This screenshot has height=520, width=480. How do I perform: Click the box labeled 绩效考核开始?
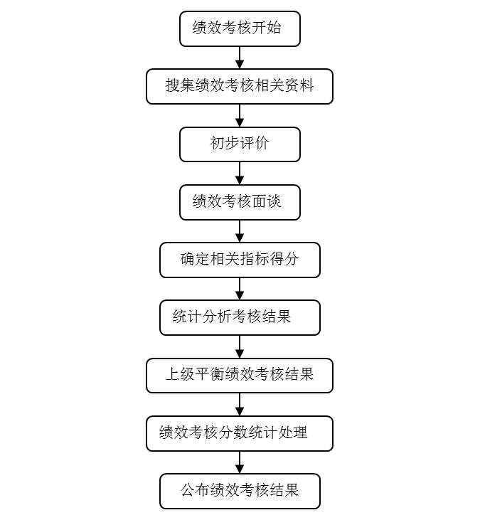[x=240, y=29]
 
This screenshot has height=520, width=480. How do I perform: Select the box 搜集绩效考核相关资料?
[x=240, y=87]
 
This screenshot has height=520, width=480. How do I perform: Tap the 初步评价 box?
[x=240, y=144]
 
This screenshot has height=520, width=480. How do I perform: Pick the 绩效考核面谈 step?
[x=240, y=202]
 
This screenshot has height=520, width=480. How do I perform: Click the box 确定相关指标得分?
[x=240, y=260]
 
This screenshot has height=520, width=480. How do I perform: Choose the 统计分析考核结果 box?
[x=240, y=318]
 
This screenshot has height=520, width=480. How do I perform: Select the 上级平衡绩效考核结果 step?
[x=240, y=376]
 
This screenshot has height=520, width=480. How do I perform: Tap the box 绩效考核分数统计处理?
[x=240, y=433]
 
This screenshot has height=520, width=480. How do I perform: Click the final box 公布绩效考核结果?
[x=240, y=491]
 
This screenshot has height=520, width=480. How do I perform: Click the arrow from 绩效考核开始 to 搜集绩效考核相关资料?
[x=240, y=58]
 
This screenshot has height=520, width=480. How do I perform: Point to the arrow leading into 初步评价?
[x=240, y=115]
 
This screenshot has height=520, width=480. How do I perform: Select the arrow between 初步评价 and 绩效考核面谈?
[x=240, y=174]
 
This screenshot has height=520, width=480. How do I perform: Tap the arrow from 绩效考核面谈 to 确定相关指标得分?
[x=240, y=231]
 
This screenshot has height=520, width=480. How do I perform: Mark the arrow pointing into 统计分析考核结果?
[x=240, y=289]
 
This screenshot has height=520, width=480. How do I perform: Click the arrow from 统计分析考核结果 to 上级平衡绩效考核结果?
[x=240, y=346]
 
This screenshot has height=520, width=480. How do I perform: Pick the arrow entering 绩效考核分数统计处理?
[x=240, y=405]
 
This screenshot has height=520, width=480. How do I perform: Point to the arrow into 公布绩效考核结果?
[x=240, y=462]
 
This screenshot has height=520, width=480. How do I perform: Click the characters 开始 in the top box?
[x=266, y=28]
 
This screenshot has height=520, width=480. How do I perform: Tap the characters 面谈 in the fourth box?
[x=266, y=201]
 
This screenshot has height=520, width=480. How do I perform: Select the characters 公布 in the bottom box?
[x=196, y=490]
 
